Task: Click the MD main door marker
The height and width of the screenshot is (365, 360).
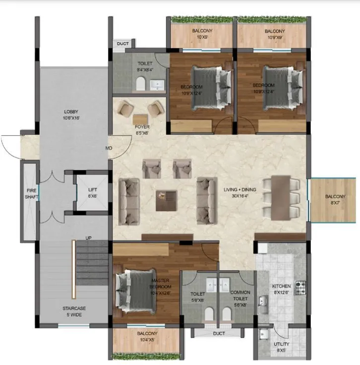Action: (x=109, y=148)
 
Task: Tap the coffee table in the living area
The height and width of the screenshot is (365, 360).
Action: (x=166, y=201)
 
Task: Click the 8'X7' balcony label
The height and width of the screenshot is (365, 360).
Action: (x=333, y=199)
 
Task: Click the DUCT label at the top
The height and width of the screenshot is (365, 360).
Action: (x=122, y=44)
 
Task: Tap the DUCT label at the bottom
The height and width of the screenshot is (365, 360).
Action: (x=219, y=334)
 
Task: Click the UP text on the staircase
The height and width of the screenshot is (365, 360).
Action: (x=88, y=238)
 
